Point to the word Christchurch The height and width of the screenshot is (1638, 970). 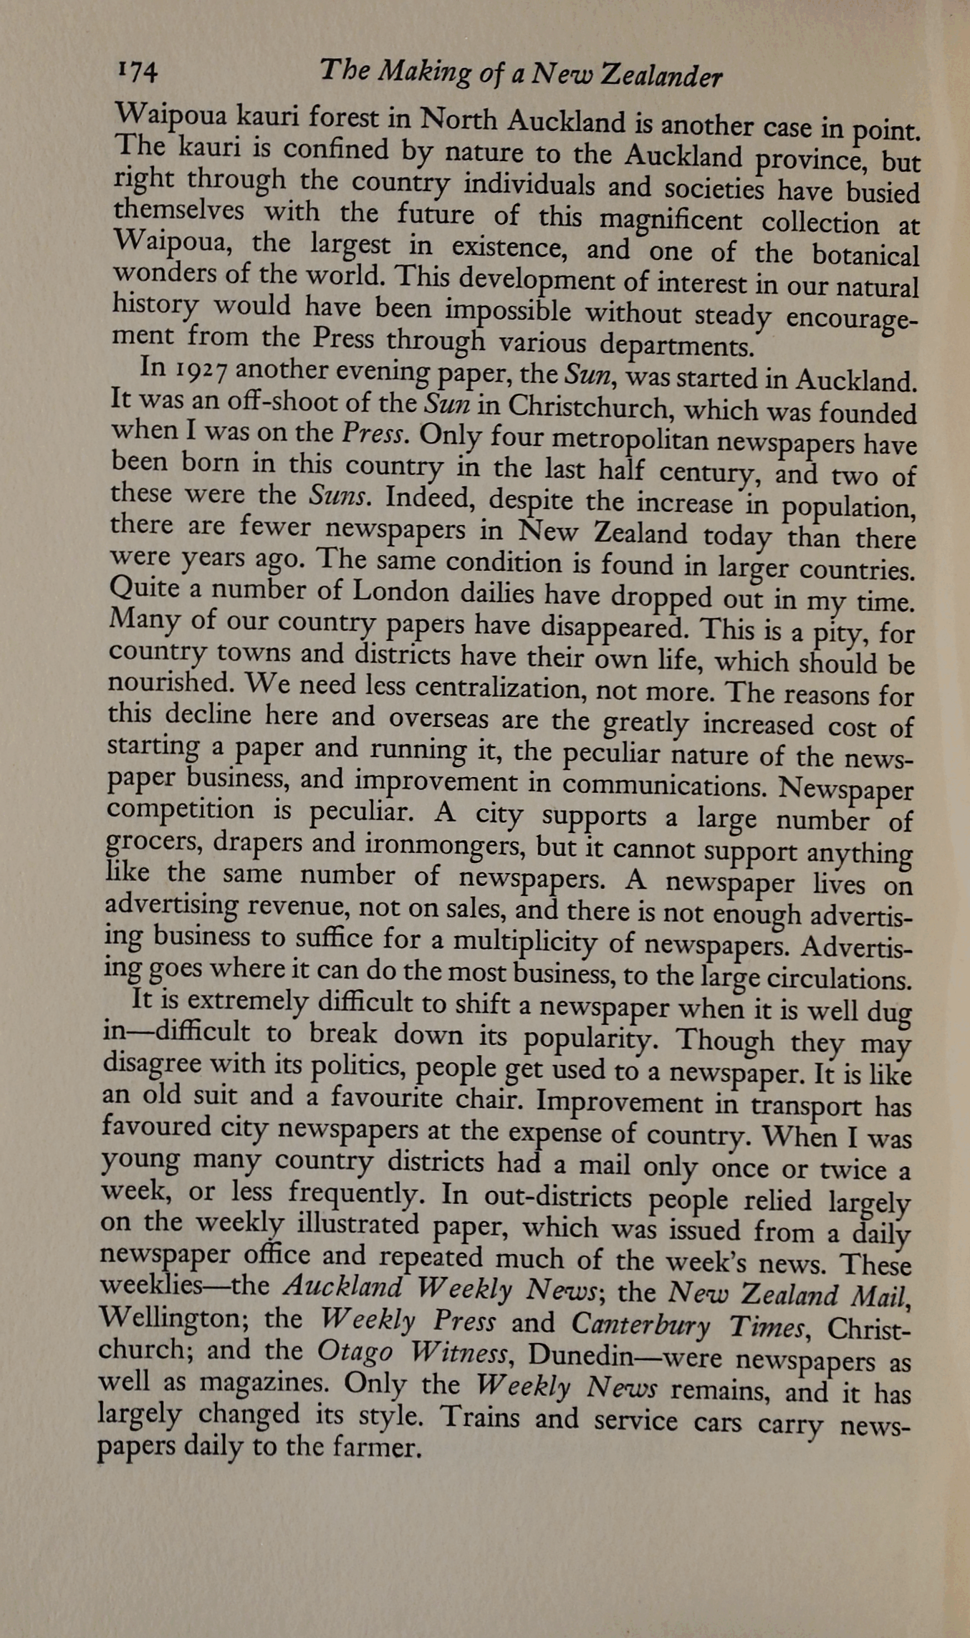pos(564,408)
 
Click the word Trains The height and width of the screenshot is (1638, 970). pos(481,1415)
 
